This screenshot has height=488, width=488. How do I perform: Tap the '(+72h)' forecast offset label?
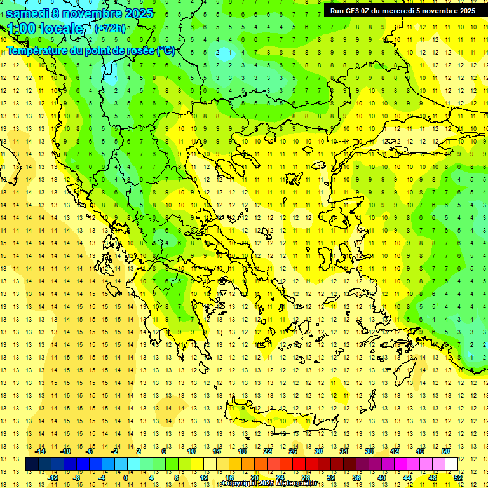110,29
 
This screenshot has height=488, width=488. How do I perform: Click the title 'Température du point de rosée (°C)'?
91,50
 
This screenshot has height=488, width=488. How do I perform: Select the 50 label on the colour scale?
445,451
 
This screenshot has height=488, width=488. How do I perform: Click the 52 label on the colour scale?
458,478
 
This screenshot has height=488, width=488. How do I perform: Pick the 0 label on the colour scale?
126,478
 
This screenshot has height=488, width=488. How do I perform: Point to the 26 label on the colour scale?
293,451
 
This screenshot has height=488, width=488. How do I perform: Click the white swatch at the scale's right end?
451,464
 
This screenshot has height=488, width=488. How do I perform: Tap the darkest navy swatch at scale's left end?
32,464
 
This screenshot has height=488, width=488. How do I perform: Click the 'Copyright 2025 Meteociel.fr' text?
269,484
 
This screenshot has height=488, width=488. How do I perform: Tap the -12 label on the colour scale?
53,478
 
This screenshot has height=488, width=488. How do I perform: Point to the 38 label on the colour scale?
369,451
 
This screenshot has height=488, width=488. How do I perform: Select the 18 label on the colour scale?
242,451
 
